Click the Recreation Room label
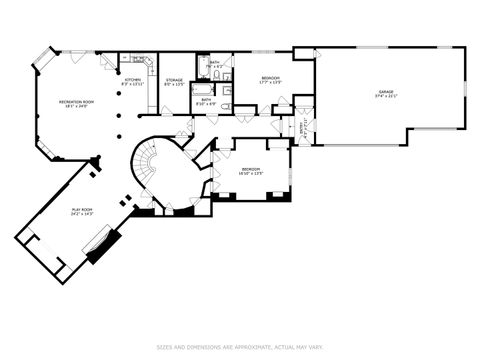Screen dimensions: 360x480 pyautogui.click(x=75, y=102)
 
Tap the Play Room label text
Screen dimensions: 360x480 pyautogui.click(x=82, y=208)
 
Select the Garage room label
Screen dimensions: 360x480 pyautogui.click(x=385, y=91)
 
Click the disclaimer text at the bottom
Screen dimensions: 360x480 pyautogui.click(x=240, y=347)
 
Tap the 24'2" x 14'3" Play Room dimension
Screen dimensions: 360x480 pyautogui.click(x=82, y=214)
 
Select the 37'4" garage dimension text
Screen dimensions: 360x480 pyautogui.click(x=385, y=97)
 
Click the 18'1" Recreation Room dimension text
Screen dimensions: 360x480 pyautogui.click(x=75, y=108)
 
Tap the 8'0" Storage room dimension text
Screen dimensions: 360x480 pyautogui.click(x=174, y=83)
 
